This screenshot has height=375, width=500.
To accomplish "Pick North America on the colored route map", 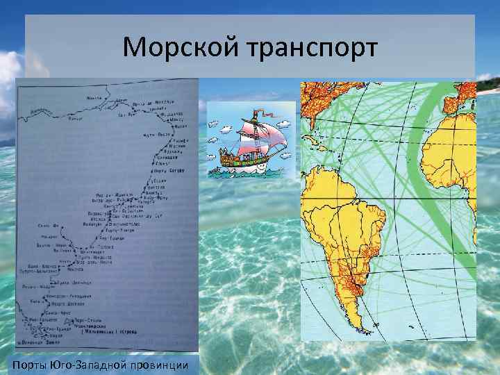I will (326, 104).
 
